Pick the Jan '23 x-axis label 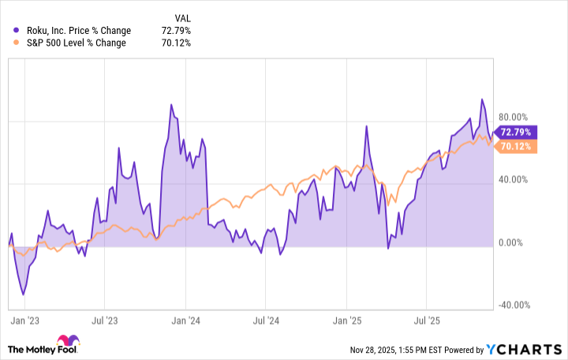click(x=24, y=321)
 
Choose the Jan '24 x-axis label click(x=185, y=321)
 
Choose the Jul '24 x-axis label click(x=266, y=321)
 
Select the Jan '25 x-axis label click(x=347, y=321)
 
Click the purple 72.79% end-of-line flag click(x=518, y=133)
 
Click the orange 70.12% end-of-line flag click(x=518, y=146)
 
